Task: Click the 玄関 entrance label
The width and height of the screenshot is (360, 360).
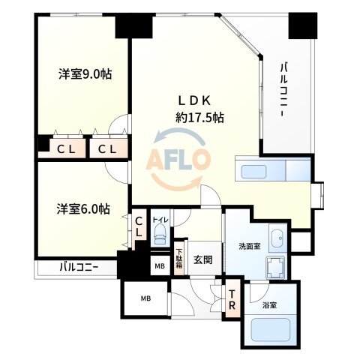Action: click(x=203, y=259)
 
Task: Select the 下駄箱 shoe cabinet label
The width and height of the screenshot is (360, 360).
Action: click(x=180, y=258)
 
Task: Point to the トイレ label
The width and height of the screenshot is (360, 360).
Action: click(x=160, y=220)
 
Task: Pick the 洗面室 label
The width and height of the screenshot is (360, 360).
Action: click(x=249, y=247)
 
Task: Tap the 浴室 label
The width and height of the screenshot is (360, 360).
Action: click(x=269, y=305)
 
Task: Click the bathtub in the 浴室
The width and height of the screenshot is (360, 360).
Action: click(x=271, y=330)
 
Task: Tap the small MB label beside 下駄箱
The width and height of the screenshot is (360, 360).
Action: click(x=160, y=265)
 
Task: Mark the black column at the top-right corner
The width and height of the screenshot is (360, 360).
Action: click(x=304, y=25)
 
